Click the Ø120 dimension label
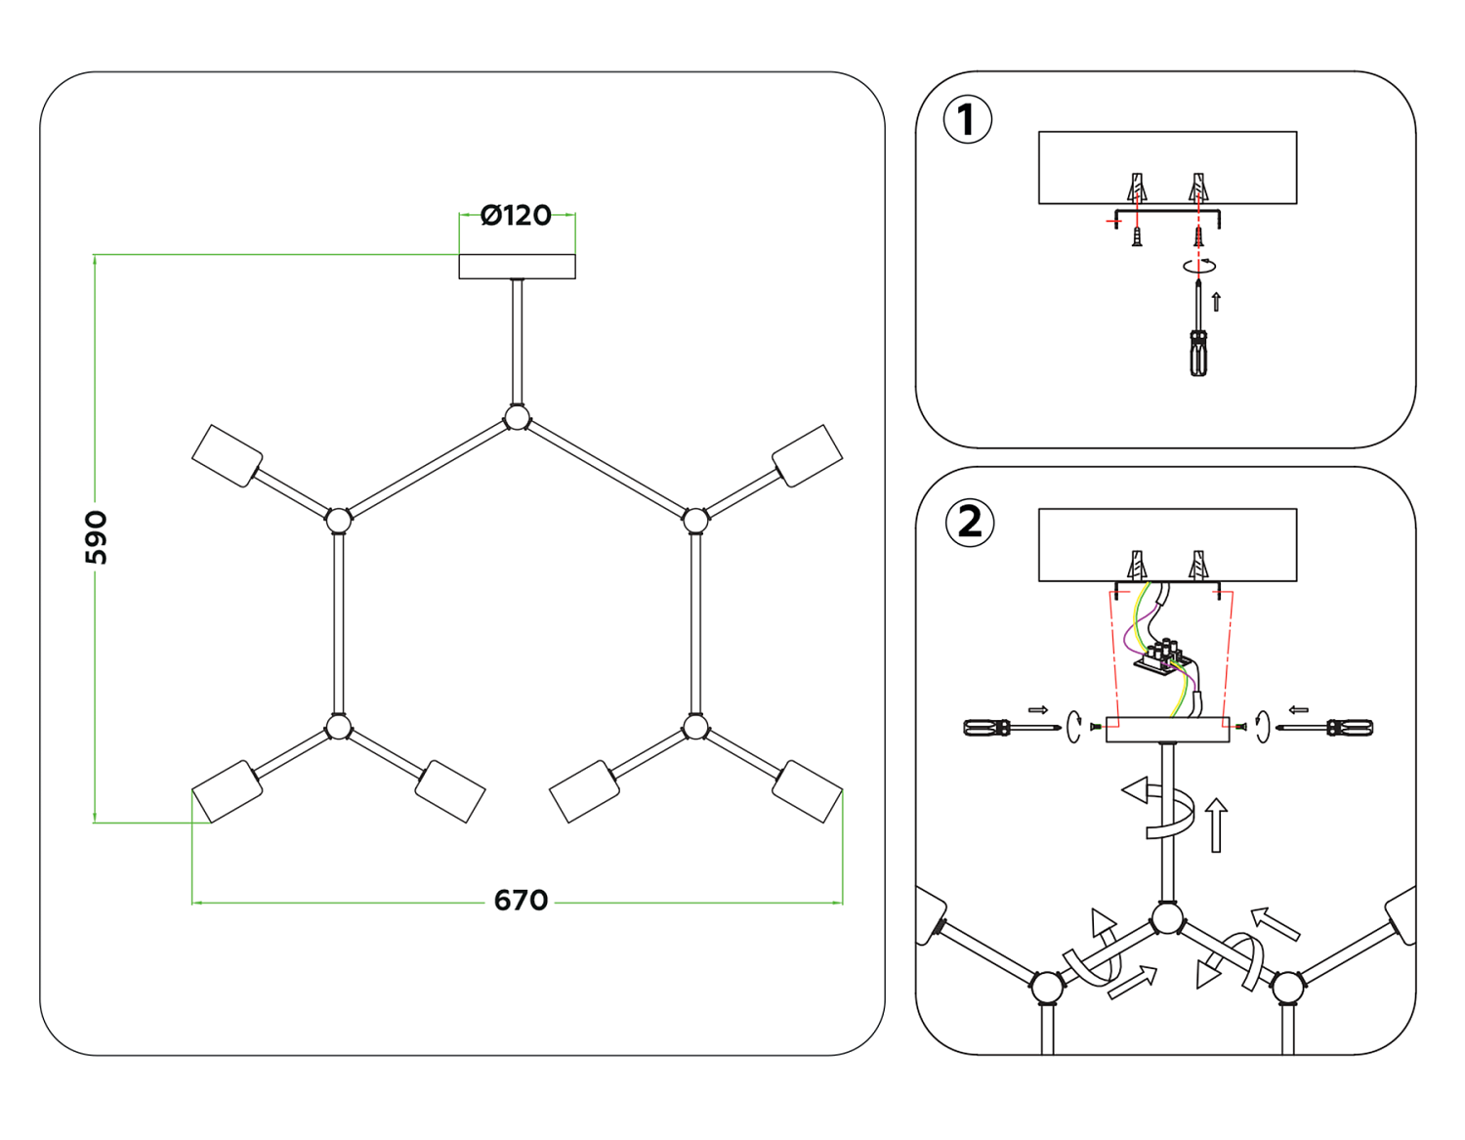click(516, 215)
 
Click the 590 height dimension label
click(97, 537)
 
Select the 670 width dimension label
click(521, 900)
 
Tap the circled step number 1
click(967, 120)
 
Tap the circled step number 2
click(969, 523)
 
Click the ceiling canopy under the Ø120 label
click(517, 266)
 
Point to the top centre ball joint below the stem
click(517, 418)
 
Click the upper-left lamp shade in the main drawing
click(228, 455)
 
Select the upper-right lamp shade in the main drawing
click(807, 455)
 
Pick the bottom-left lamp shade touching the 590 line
click(228, 791)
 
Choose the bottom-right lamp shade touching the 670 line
click(807, 791)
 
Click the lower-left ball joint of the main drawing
click(339, 728)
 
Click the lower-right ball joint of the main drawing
click(695, 728)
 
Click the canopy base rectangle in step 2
click(1167, 730)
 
